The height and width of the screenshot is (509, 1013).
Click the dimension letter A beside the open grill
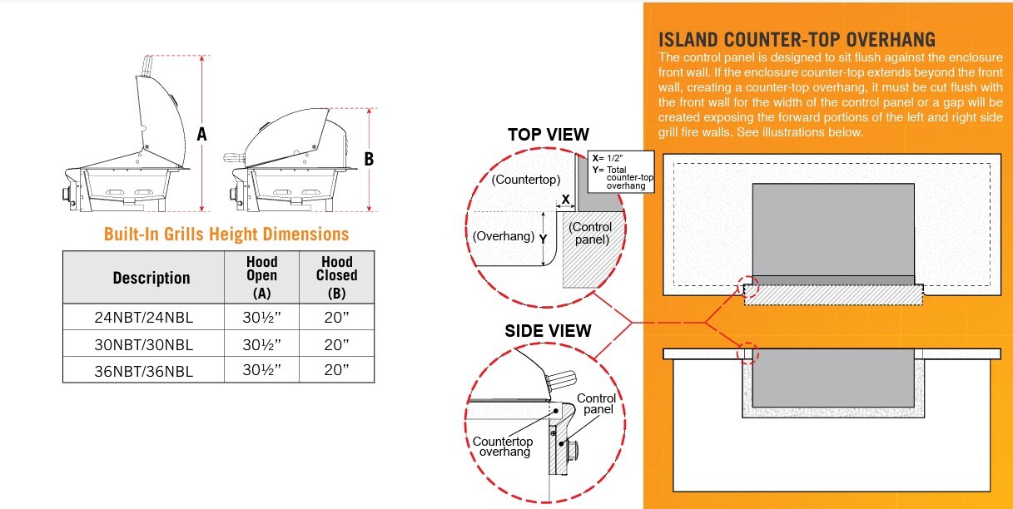201,133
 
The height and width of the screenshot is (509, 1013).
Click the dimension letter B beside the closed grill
370,159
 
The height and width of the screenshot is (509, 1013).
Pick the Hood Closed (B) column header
336,277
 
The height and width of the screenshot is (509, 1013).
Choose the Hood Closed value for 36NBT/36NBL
336,371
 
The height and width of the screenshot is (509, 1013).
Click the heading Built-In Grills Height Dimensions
226,234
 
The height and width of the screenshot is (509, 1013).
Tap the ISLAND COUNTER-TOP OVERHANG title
797,40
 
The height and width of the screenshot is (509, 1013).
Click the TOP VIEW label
549,135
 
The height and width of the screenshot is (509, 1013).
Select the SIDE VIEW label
548,330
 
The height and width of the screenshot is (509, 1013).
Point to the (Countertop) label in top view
526,179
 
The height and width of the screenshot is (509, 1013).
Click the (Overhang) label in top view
504,235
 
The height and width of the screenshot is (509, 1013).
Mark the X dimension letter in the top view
566,200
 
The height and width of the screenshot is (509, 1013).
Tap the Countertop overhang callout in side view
502,447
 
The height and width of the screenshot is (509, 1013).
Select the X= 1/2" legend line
610,158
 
